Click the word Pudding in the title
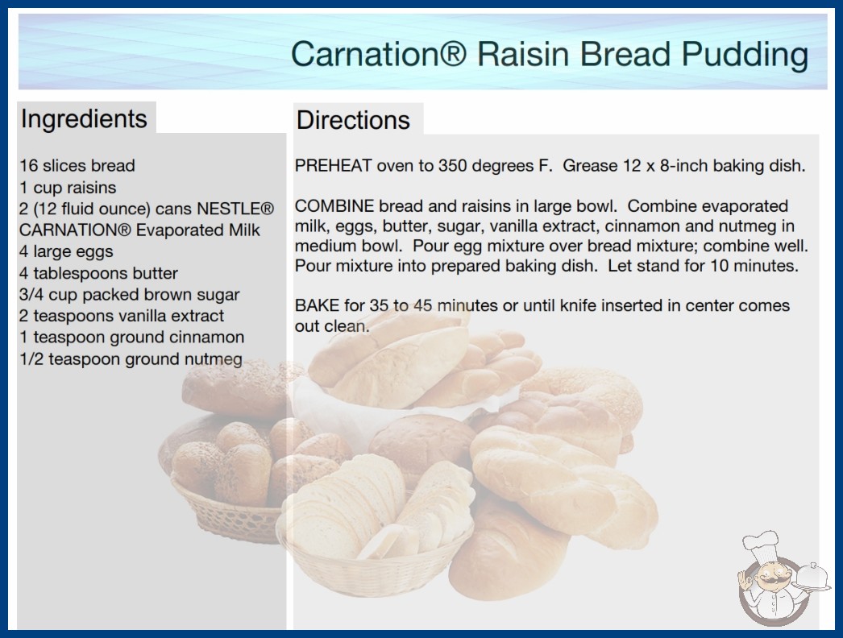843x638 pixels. tap(745, 56)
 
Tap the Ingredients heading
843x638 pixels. tap(84, 118)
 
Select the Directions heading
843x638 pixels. tap(353, 120)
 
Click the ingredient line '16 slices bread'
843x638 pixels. tap(77, 166)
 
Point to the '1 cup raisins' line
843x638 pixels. tap(68, 188)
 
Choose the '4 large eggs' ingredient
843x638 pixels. tap(66, 251)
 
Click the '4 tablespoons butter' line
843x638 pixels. tap(98, 273)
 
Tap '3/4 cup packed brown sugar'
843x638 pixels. tap(129, 295)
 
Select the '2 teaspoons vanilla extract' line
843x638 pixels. tap(122, 316)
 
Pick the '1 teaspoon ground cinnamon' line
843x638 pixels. tap(131, 337)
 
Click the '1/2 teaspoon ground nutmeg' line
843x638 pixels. tap(131, 358)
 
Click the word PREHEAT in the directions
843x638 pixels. tap(333, 166)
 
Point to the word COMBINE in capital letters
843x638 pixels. tap(334, 206)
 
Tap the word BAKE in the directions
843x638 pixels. tap(317, 305)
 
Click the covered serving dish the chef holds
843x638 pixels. tap(812, 576)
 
